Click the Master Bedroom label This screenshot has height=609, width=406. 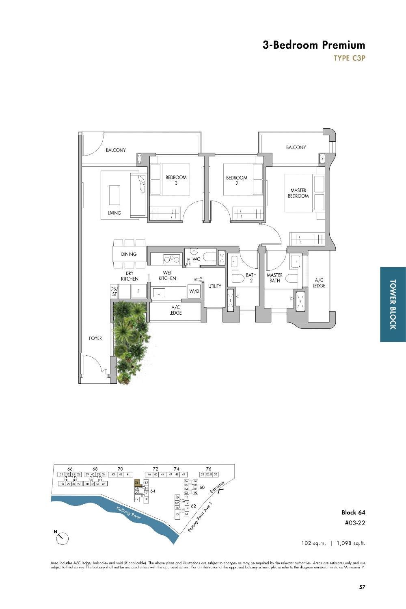(x=298, y=193)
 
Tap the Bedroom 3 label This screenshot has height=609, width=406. (x=176, y=180)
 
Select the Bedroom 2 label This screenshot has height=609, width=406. (x=236, y=180)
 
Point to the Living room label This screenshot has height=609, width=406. (x=114, y=213)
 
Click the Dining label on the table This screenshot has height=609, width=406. (x=129, y=254)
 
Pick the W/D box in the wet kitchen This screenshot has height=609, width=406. (x=193, y=292)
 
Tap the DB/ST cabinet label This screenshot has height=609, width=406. (x=114, y=292)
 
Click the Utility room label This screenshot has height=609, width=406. (x=215, y=286)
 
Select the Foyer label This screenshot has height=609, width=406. (x=95, y=338)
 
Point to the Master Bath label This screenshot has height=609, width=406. (x=274, y=278)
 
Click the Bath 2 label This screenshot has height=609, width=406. (x=251, y=278)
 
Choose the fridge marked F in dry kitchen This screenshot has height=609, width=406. (x=138, y=291)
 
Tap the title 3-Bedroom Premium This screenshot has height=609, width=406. (x=313, y=45)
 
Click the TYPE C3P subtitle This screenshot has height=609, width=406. (x=349, y=58)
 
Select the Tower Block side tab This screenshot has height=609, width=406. (x=393, y=304)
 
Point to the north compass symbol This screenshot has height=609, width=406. (x=63, y=538)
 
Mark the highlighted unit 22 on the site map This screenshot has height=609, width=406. (x=137, y=482)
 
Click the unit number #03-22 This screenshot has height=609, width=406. (x=354, y=523)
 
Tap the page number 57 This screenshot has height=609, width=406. (x=362, y=586)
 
